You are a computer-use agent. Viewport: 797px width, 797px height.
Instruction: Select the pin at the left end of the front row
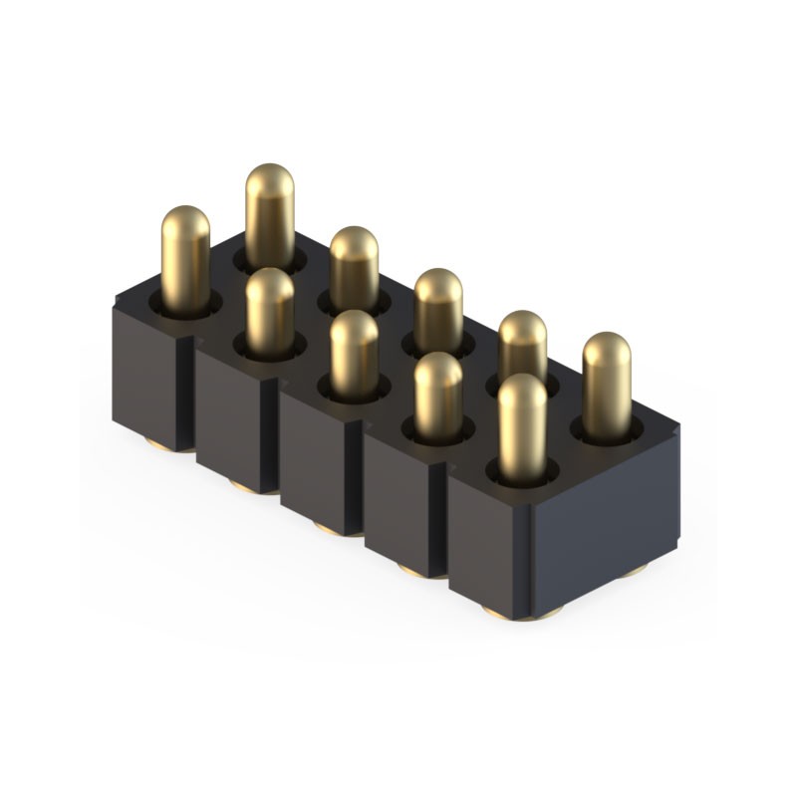click(x=185, y=254)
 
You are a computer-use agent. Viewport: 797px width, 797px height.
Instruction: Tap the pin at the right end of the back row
click(x=607, y=384)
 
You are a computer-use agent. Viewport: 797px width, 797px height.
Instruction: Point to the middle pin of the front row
click(x=354, y=354)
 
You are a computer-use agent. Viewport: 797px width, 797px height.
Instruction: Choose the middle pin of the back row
click(x=437, y=309)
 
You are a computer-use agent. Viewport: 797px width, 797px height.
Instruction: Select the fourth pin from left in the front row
click(x=437, y=394)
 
